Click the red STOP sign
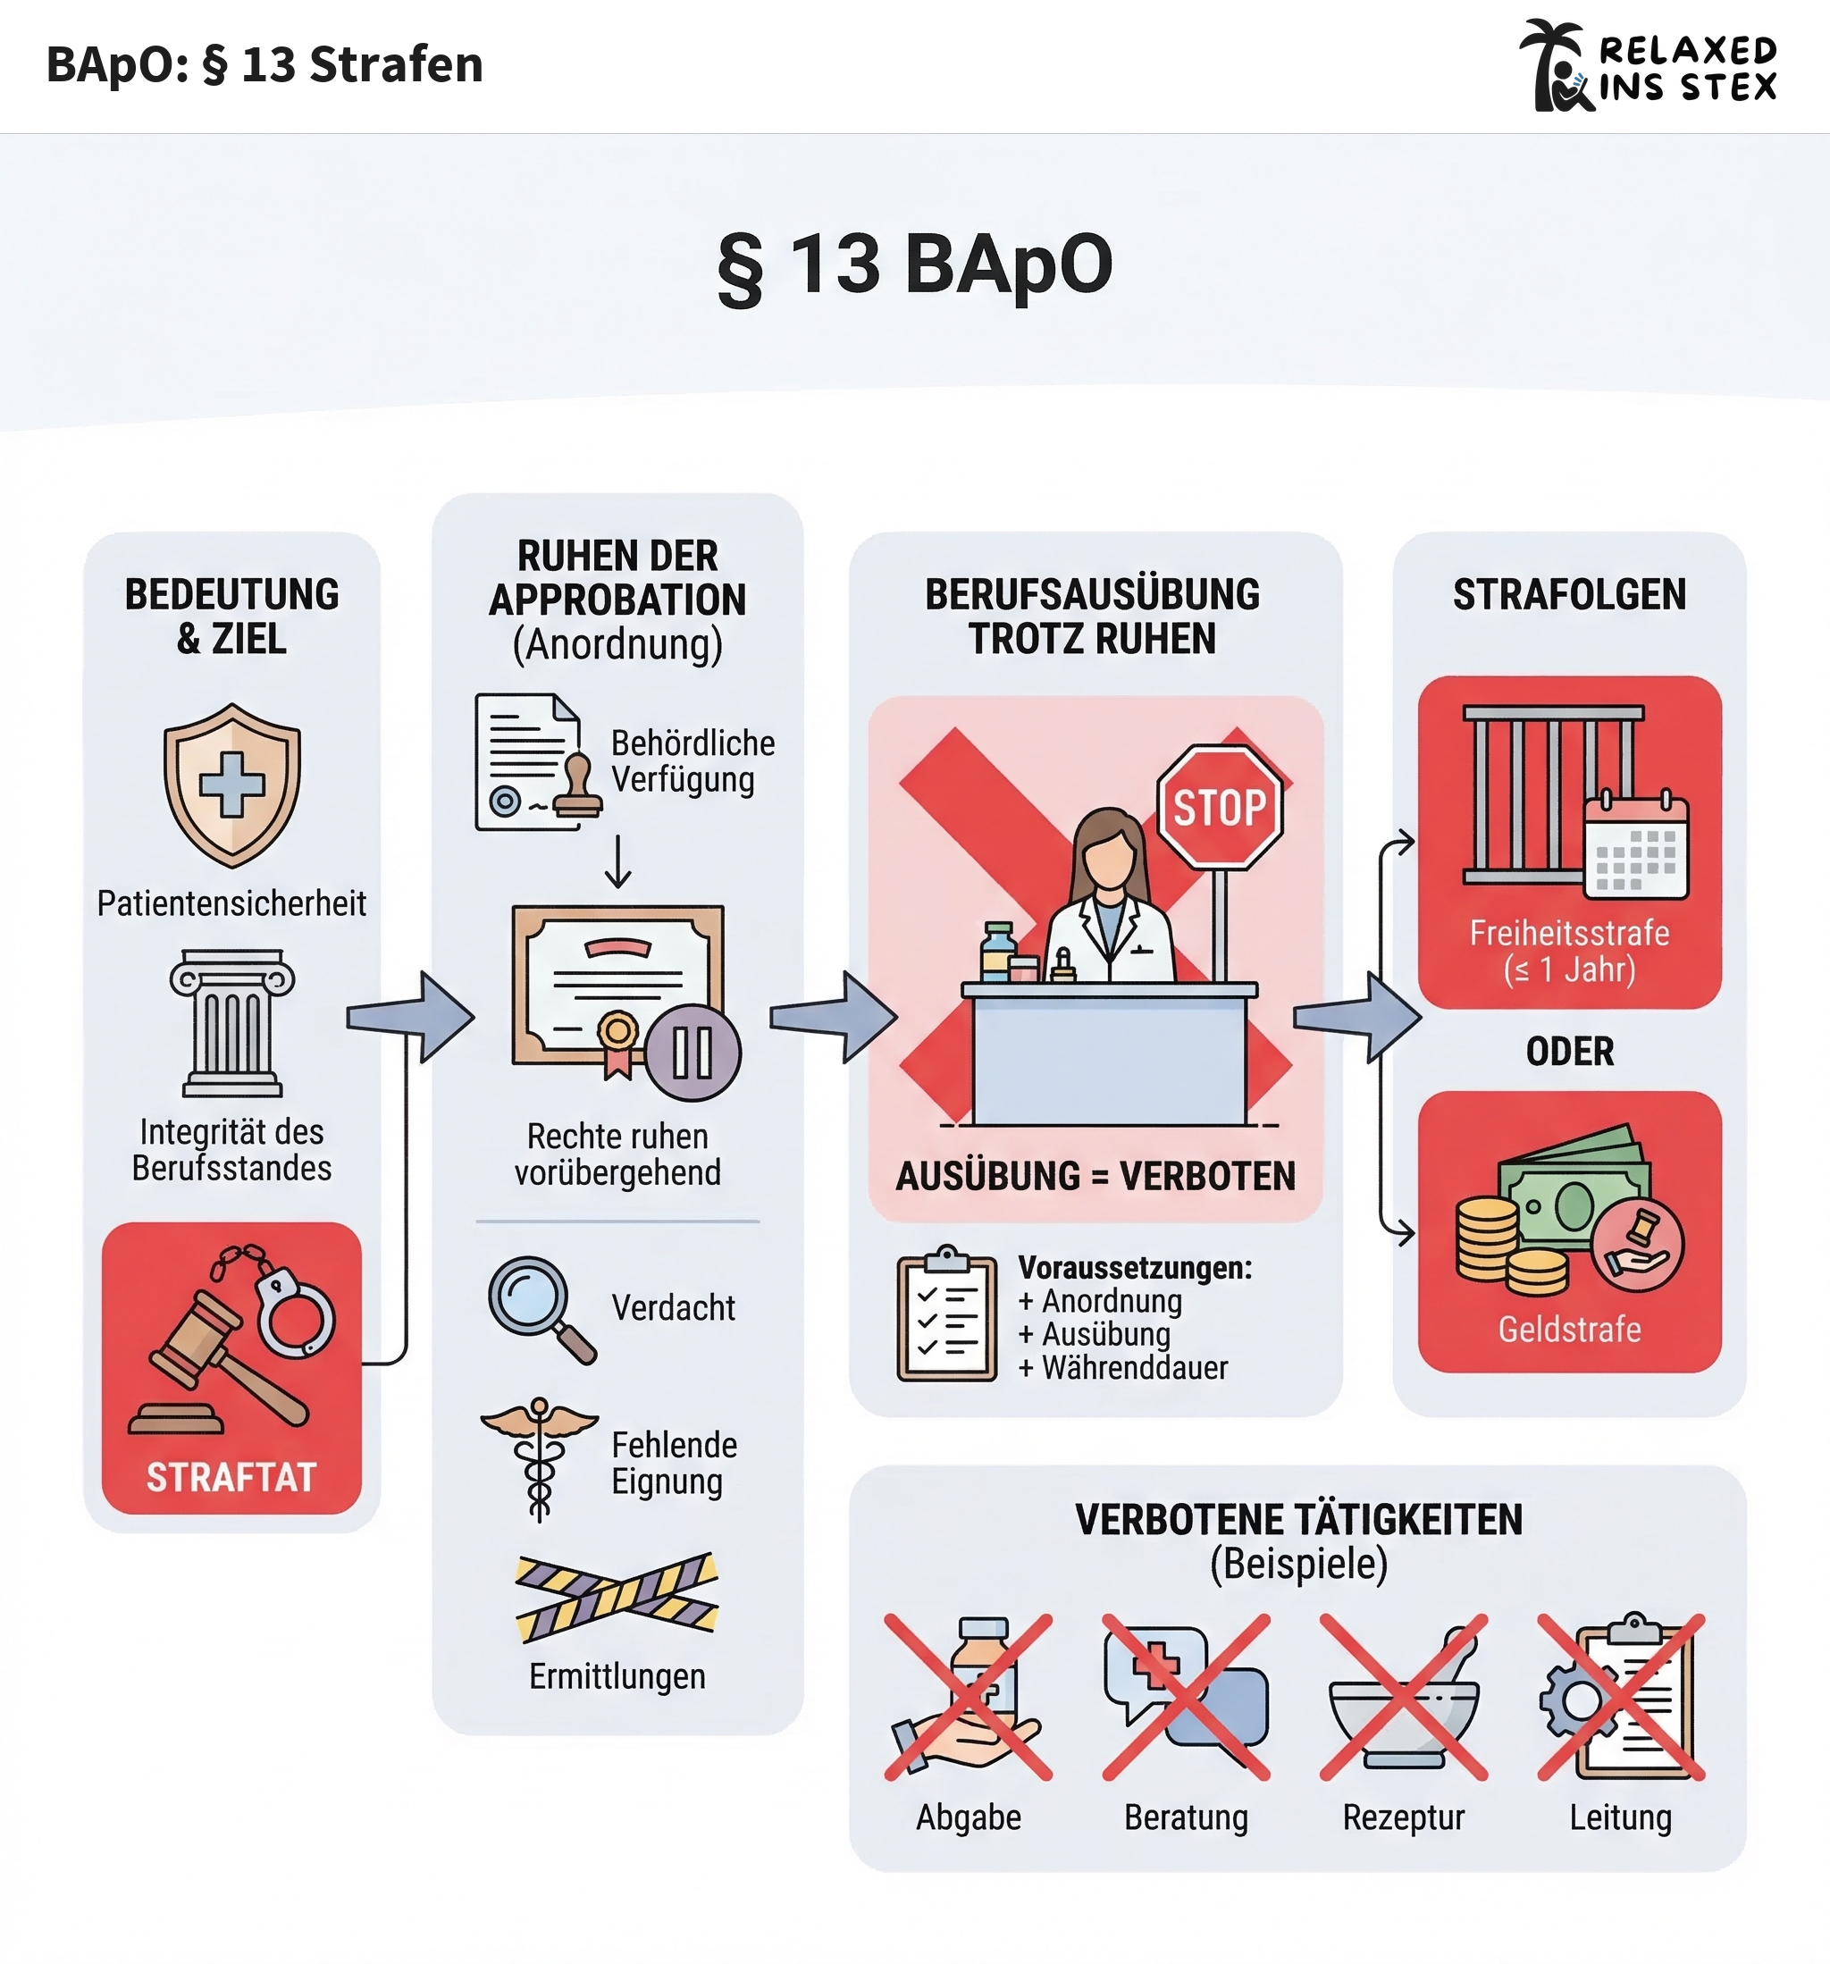pyautogui.click(x=1220, y=807)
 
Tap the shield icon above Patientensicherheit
pyautogui.click(x=232, y=785)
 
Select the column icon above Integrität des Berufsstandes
pyautogui.click(x=232, y=1023)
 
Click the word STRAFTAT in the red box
pyautogui.click(x=231, y=1477)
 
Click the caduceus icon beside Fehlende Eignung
pyautogui.click(x=540, y=1457)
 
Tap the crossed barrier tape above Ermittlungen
pyautogui.click(x=617, y=1597)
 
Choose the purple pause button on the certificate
pyautogui.click(x=693, y=1053)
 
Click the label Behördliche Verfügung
pyautogui.click(x=692, y=760)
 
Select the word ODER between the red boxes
pyautogui.click(x=1569, y=1051)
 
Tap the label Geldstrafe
pyautogui.click(x=1569, y=1329)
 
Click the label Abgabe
pyautogui.click(x=969, y=1817)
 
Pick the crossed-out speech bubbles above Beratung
pyautogui.click(x=1186, y=1696)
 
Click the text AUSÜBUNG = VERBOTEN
pyautogui.click(x=1095, y=1176)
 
